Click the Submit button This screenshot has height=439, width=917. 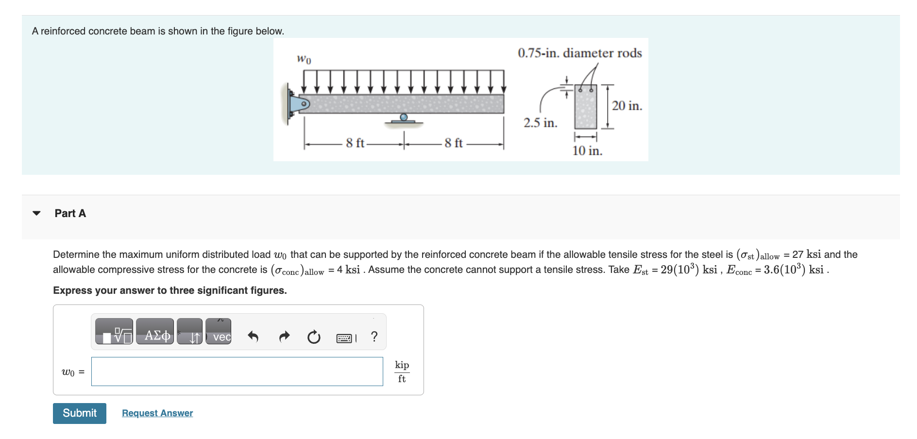79,413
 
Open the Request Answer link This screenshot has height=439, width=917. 157,413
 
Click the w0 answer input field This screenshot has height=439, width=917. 237,371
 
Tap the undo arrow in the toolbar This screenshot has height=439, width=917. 253,336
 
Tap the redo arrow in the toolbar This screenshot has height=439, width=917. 284,336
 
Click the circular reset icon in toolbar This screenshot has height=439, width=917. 314,337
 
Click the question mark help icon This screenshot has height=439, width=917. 374,336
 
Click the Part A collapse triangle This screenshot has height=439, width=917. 36,213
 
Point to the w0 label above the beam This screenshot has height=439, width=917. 304,59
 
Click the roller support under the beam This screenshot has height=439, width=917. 404,118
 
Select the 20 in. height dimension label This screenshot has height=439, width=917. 627,106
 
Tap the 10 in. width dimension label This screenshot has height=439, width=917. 587,151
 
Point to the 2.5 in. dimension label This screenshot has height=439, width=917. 540,123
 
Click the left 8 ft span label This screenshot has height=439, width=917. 355,143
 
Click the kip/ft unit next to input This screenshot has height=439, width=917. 402,371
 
